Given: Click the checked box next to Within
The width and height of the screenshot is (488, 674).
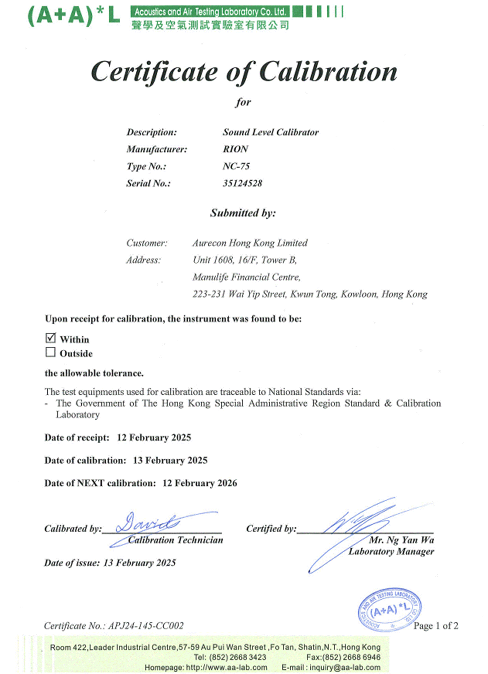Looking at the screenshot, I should (51, 338).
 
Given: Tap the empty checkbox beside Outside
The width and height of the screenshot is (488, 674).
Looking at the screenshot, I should (50, 352).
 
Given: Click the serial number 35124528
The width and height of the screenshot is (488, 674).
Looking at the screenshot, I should (242, 183).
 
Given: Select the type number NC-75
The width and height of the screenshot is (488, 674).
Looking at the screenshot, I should (236, 166).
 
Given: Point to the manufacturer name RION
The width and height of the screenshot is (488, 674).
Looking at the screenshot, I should (235, 149).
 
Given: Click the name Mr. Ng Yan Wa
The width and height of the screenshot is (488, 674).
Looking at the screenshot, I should (401, 540).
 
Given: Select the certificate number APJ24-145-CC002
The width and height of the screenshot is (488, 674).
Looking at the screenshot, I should (146, 626).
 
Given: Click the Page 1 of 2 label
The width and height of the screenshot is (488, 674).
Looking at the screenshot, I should (435, 626).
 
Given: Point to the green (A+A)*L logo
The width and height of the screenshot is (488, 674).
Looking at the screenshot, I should (73, 16).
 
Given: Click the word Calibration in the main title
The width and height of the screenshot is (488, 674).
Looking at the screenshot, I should (328, 72).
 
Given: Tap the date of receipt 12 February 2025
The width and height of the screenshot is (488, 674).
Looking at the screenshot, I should (154, 437).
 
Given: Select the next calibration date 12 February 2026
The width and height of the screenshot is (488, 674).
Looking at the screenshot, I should (200, 483).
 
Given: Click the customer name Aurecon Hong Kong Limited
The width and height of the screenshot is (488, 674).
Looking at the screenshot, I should (250, 243).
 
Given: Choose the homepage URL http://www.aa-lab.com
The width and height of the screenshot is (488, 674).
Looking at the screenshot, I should (226, 667).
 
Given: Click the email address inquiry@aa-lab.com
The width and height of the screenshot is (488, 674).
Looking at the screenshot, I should (345, 667).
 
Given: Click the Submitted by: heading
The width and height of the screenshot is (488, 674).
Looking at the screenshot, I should (243, 213).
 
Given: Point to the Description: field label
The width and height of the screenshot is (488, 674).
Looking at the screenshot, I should (152, 132).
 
